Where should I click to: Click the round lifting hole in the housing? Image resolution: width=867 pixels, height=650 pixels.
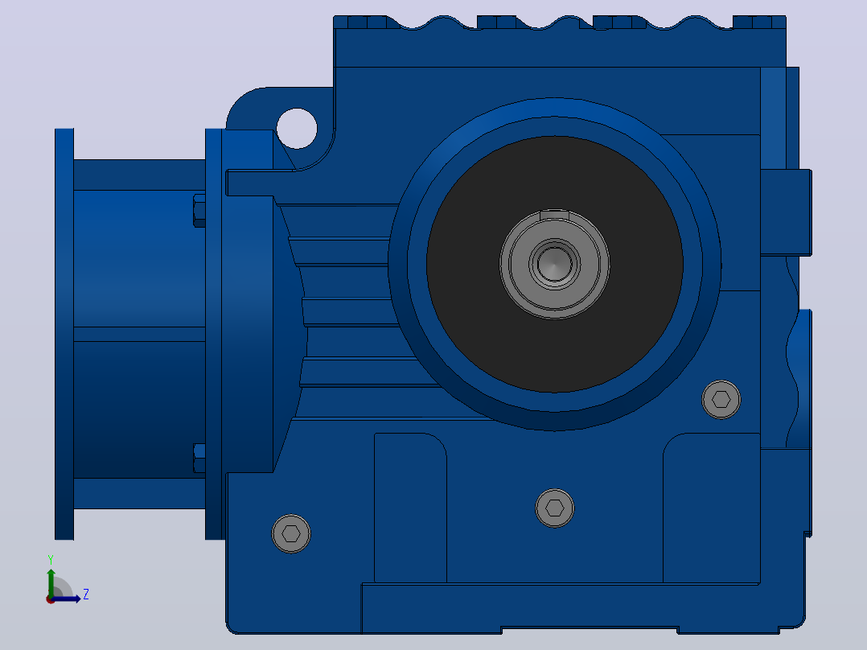[297, 129]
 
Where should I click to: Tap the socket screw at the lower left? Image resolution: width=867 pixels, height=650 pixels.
[291, 534]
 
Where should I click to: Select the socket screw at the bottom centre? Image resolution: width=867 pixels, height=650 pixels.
[555, 508]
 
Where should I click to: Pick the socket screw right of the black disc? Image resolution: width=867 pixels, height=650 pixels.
[721, 399]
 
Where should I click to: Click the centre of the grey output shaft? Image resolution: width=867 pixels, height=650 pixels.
[555, 264]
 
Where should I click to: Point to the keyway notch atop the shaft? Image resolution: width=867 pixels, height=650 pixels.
[555, 214]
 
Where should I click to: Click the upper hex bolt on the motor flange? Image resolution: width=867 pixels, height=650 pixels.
[199, 210]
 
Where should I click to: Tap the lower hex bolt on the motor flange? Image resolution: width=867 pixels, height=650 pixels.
[199, 458]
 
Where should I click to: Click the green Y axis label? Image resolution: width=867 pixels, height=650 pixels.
[51, 559]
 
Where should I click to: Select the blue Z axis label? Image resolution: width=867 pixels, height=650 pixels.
[86, 594]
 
